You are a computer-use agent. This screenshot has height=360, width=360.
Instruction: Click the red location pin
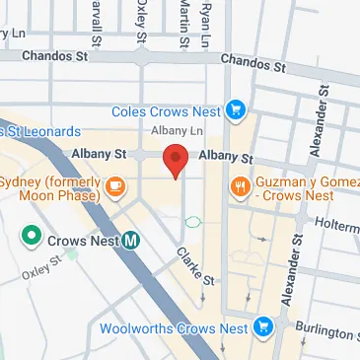click(176, 160)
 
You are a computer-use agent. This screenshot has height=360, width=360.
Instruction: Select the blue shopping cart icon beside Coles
click(235, 110)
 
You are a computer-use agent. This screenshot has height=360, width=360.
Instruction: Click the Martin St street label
click(183, 22)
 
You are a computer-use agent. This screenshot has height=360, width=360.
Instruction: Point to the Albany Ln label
click(178, 131)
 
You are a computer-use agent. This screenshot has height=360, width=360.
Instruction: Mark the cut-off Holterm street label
click(340, 226)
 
